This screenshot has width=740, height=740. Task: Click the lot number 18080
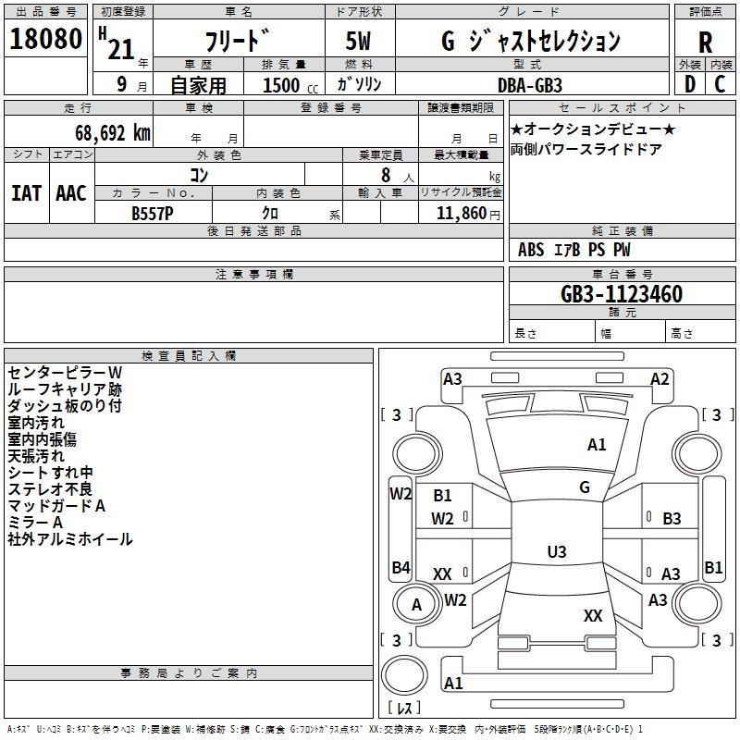(x=45, y=39)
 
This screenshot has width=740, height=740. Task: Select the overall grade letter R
(x=705, y=43)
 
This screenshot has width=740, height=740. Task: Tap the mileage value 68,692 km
(x=113, y=133)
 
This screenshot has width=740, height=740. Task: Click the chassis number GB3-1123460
(x=622, y=294)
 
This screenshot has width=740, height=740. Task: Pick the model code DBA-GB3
(x=530, y=85)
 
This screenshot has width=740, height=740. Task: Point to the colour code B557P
(x=153, y=214)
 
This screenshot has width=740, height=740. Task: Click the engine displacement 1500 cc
(x=290, y=85)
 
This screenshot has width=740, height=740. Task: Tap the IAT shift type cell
(x=27, y=193)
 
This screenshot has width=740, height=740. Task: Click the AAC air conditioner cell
(x=71, y=193)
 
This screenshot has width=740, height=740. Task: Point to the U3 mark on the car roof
(x=557, y=551)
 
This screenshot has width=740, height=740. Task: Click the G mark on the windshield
(x=585, y=487)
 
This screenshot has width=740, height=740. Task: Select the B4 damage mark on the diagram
(x=401, y=567)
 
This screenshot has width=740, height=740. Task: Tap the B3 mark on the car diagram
(x=672, y=519)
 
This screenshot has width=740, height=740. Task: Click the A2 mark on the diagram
(x=660, y=379)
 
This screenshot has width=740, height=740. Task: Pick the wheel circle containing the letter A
(x=417, y=604)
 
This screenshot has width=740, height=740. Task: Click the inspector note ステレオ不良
(x=50, y=489)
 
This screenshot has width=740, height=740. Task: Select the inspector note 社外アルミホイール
(x=70, y=539)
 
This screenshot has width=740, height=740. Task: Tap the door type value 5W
(x=358, y=41)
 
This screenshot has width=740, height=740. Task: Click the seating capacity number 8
(x=386, y=175)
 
